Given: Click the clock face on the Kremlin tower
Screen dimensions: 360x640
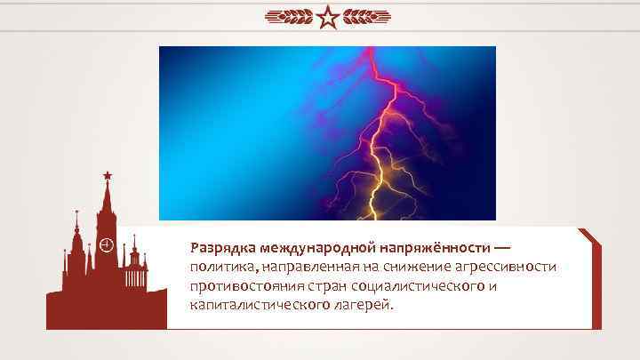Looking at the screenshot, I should coord(106,243).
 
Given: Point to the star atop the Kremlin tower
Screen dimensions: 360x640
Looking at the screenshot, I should coord(107,176).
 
